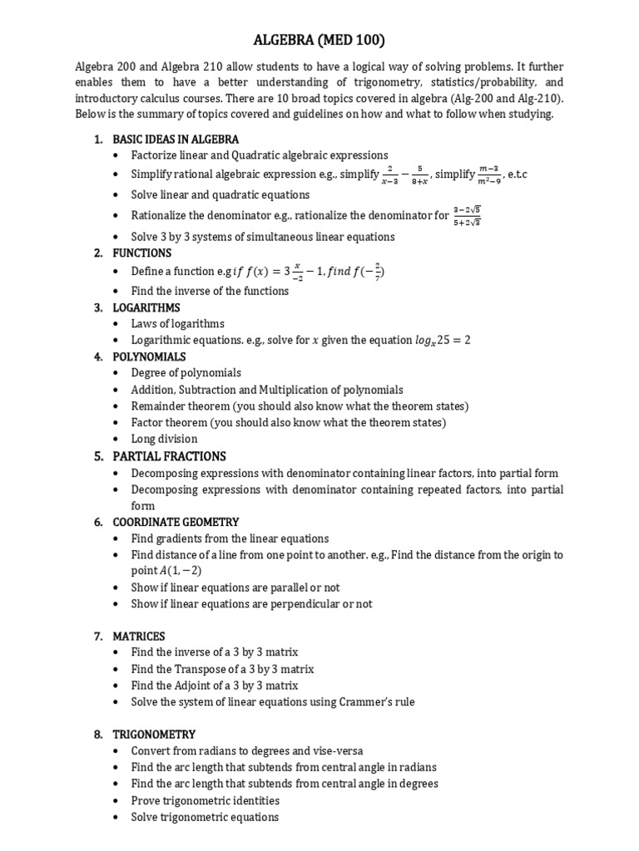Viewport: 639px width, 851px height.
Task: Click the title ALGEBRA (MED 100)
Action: click(x=319, y=39)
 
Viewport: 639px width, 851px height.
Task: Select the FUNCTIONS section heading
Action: click(x=142, y=253)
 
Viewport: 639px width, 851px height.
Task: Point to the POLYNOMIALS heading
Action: click(x=150, y=357)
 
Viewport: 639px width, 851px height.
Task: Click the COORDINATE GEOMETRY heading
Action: click(x=176, y=522)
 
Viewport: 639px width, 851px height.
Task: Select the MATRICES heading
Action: click(x=139, y=636)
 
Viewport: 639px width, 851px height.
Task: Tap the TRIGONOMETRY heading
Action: click(x=154, y=734)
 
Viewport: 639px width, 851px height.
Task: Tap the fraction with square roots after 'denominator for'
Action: click(x=468, y=215)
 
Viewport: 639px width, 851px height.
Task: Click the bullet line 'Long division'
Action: click(x=165, y=439)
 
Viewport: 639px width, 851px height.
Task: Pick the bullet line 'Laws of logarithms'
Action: click(x=178, y=323)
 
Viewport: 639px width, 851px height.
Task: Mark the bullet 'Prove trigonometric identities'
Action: click(x=205, y=800)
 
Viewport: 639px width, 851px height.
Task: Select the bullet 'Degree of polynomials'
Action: click(x=186, y=373)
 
